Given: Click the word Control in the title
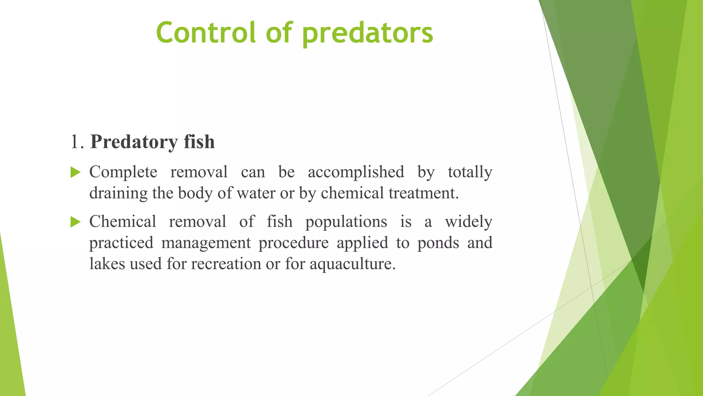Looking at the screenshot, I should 206,33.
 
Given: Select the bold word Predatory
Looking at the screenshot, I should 134,142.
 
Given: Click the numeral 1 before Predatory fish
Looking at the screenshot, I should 74,142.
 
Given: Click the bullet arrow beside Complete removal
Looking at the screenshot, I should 75,172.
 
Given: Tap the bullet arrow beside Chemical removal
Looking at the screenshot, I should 75,222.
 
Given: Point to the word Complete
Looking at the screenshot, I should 123,172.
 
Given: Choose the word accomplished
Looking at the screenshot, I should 356,172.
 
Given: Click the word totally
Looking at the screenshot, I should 470,172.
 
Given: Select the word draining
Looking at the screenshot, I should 118,193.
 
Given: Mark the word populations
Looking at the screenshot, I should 346,222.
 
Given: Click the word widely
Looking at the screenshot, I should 469,222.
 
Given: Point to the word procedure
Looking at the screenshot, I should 293,243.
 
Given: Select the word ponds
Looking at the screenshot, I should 438,243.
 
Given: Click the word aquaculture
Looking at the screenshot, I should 353,264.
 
